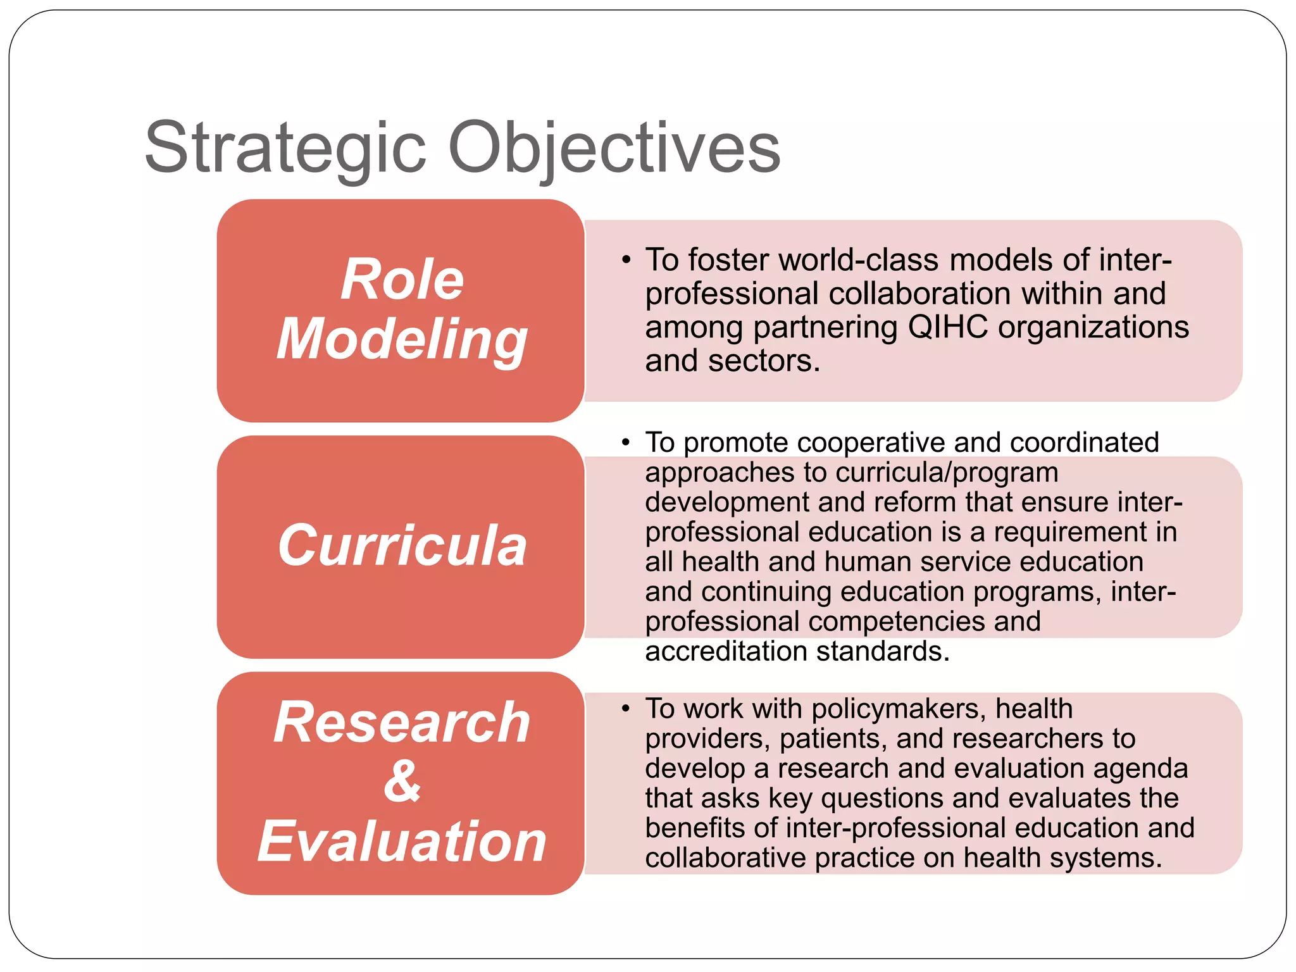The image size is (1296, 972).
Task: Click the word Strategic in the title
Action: pyautogui.click(x=285, y=147)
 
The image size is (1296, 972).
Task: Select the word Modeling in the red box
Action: pyautogui.click(x=402, y=340)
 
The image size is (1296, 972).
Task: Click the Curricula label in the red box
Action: pyautogui.click(x=402, y=545)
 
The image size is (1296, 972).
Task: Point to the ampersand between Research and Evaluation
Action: pyautogui.click(x=402, y=781)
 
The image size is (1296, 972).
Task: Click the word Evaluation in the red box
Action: pyautogui.click(x=402, y=841)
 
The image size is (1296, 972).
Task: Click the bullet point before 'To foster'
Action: pyautogui.click(x=626, y=260)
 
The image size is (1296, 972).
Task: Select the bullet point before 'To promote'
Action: pyautogui.click(x=626, y=442)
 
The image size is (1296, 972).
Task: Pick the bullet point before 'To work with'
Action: pyautogui.click(x=626, y=709)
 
